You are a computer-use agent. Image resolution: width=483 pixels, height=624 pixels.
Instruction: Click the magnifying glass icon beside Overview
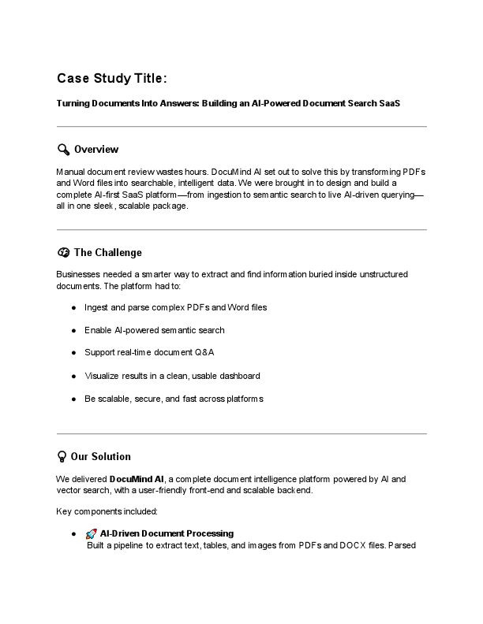tap(63, 150)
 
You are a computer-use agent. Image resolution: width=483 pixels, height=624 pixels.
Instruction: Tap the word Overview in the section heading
tap(96, 150)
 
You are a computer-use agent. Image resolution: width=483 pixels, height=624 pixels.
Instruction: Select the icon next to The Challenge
tap(63, 253)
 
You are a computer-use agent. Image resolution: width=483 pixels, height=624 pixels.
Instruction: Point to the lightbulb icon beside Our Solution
tap(62, 456)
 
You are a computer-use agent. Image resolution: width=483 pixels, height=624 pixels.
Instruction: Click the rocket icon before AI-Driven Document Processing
tap(92, 533)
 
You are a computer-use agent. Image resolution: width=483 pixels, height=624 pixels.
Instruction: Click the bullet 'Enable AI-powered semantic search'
tap(154, 330)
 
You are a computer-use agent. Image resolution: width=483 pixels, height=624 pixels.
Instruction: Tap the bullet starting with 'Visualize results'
tap(172, 376)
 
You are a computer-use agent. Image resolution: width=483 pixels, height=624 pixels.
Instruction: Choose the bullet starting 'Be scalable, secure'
tap(174, 399)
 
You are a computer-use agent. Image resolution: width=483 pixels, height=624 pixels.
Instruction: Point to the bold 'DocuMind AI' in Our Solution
tap(137, 479)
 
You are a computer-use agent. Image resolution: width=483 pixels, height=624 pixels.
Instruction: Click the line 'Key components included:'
tap(107, 512)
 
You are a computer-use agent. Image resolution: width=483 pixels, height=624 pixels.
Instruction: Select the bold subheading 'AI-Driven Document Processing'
tap(167, 533)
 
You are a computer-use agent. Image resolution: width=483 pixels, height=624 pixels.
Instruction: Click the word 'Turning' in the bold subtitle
tap(73, 103)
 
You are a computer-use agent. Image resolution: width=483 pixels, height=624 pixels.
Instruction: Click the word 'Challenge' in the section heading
tap(118, 253)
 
